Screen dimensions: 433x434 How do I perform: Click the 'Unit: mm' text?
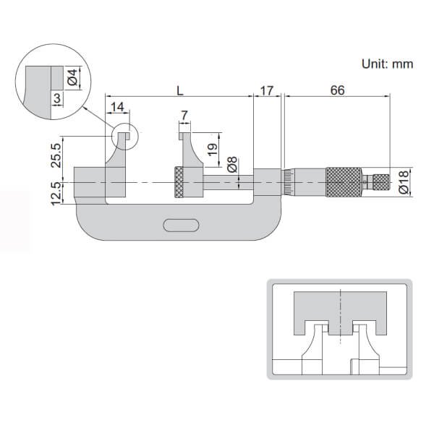click(x=387, y=64)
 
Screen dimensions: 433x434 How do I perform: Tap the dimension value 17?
click(x=267, y=90)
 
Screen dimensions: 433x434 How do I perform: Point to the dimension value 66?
click(x=336, y=90)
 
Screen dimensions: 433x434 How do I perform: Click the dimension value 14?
click(x=116, y=108)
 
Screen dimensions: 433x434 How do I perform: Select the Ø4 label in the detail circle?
click(x=72, y=75)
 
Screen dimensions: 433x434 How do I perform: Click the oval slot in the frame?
click(x=181, y=226)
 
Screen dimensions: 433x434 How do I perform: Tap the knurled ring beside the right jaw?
click(x=178, y=183)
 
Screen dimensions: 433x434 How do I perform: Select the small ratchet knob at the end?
click(x=380, y=182)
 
